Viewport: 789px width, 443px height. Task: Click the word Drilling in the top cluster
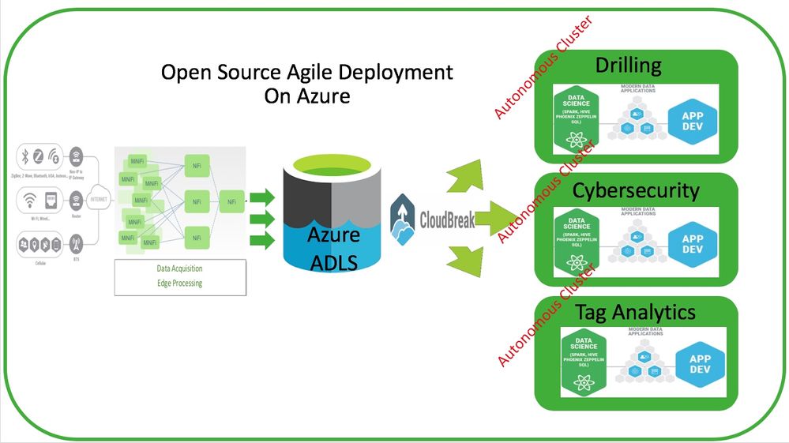[x=628, y=65]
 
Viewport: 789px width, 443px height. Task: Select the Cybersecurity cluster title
[x=636, y=190]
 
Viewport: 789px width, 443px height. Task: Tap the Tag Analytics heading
[x=635, y=312]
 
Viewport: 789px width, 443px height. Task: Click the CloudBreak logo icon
[x=404, y=219]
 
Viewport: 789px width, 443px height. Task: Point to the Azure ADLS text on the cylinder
[x=333, y=248]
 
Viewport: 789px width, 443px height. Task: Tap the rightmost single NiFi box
[x=231, y=203]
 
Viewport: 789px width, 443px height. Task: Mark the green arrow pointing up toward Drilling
[x=466, y=176]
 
